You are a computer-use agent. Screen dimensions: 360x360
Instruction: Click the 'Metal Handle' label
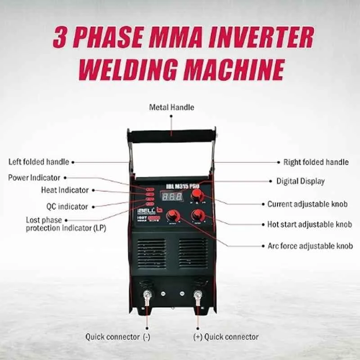point(171,107)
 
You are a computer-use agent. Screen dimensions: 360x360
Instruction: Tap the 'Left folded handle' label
point(39,162)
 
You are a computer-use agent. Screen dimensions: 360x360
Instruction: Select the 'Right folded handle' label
point(315,162)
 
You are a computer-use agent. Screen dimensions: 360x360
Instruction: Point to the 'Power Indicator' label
point(34,177)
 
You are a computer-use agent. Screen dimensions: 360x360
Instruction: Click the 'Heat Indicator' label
point(65,190)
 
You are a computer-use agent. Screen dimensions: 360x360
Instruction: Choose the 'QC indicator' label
point(67,207)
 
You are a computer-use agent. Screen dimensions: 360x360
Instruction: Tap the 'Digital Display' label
point(300,181)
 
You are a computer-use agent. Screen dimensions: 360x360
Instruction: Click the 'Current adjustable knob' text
point(307,204)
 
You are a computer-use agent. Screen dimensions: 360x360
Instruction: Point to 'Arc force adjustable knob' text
point(307,246)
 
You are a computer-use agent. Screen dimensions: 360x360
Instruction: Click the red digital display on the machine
point(172,197)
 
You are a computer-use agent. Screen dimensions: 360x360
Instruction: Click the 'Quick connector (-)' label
point(117,337)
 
